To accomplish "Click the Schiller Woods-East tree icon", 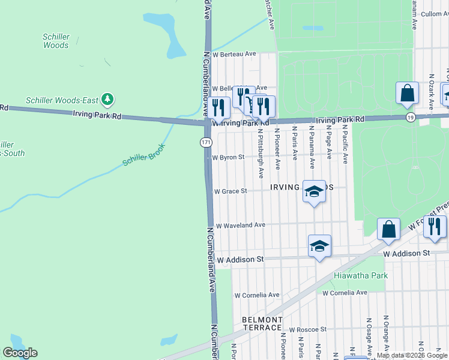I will pos(107,98).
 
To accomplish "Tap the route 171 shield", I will pos(206,142).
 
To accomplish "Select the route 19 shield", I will pos(410,116).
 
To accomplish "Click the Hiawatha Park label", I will pos(361,275).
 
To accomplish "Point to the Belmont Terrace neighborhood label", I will pos(262,323).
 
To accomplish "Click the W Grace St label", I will pos(231,191).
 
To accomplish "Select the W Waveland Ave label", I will pos(240,225).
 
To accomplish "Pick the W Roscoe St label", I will pos(307,329).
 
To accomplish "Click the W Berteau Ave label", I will pos(239,54).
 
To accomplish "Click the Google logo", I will pos(20,353).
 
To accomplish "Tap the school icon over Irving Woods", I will pos(313,191).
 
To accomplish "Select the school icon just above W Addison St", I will pos(319,245).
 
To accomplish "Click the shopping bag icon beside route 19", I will pos(407,94).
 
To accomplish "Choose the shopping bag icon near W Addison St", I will pos(389,229).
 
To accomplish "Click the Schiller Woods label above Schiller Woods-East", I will pos(56,41).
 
